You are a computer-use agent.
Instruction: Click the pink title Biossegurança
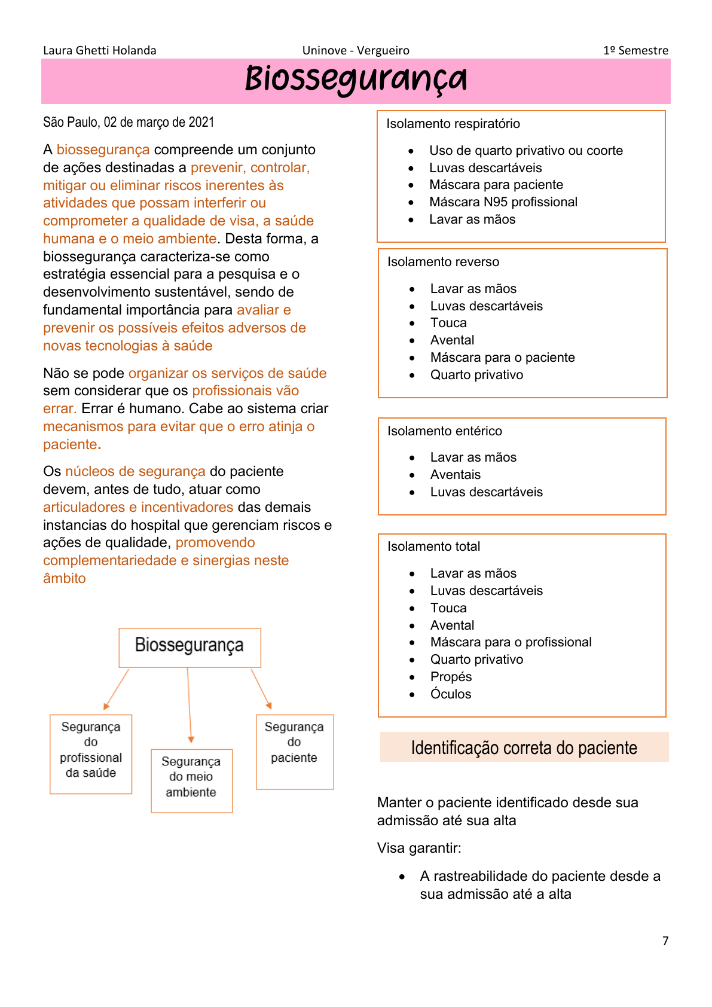pyautogui.click(x=356, y=80)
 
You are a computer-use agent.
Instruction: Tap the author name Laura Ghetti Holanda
pyautogui.click(x=99, y=51)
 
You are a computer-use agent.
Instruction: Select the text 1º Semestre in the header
pyautogui.click(x=635, y=51)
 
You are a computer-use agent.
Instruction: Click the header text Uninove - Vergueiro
pyautogui.click(x=356, y=51)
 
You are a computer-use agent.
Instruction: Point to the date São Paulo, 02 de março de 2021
pyautogui.click(x=129, y=123)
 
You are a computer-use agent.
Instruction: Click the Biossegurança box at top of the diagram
pyautogui.click(x=190, y=646)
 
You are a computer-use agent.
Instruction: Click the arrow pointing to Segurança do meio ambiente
pyautogui.click(x=190, y=706)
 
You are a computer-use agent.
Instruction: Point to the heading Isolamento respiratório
pyautogui.click(x=453, y=124)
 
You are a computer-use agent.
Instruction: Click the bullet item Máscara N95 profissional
pyautogui.click(x=503, y=202)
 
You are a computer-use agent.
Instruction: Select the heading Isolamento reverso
pyautogui.click(x=443, y=262)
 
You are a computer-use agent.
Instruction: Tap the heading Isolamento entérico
pyautogui.click(x=445, y=431)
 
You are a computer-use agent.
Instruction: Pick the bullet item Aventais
pyautogui.click(x=456, y=475)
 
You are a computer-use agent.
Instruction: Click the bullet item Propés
pyautogui.click(x=451, y=677)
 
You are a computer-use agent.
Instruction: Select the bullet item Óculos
pyautogui.click(x=451, y=694)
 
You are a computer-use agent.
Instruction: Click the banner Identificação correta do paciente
pyautogui.click(x=524, y=747)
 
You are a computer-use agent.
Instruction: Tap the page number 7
pyautogui.click(x=665, y=941)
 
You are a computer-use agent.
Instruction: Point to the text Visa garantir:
pyautogui.click(x=419, y=848)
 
